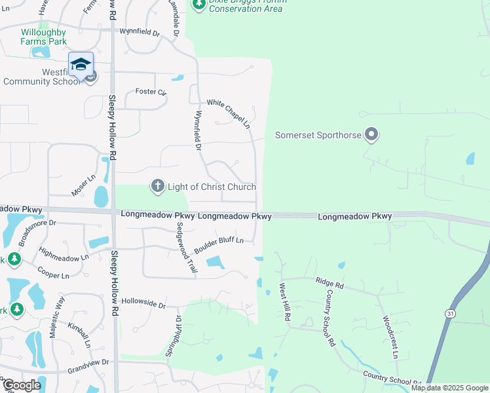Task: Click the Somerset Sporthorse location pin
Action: (x=371, y=136)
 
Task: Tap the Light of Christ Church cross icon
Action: (x=157, y=187)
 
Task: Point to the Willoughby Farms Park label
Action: (x=44, y=37)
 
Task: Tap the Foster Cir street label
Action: (x=151, y=92)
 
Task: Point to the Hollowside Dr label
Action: (x=143, y=305)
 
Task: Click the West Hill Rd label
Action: (x=286, y=302)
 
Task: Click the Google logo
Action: (x=21, y=384)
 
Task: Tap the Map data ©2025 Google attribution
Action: (x=450, y=388)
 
